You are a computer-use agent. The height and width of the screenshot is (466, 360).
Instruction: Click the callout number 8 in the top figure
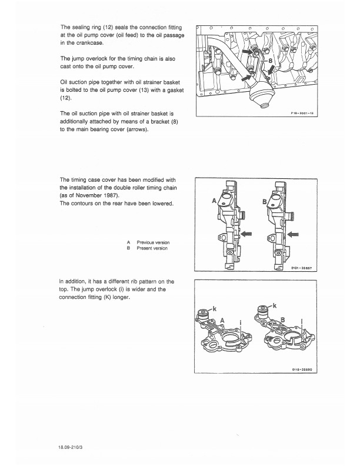click(271, 61)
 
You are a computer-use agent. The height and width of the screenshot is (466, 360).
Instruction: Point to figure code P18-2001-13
click(302, 113)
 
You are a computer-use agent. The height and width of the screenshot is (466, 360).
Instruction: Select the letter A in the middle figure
click(214, 201)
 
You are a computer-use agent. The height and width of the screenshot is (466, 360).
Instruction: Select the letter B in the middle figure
click(264, 202)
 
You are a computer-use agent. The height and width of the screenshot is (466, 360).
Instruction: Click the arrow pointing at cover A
click(246, 234)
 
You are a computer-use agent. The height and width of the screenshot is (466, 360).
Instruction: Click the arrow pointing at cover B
click(293, 235)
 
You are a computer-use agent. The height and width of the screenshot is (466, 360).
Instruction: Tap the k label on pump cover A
click(215, 308)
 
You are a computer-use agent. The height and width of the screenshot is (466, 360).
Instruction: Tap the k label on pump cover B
click(274, 305)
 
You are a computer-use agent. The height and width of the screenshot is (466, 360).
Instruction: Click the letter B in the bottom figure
click(282, 319)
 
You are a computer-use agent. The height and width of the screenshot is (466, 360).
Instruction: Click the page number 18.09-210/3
click(71, 447)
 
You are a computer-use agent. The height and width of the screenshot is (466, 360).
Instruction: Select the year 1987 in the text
click(111, 195)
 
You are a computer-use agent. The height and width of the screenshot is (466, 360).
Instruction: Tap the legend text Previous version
click(153, 242)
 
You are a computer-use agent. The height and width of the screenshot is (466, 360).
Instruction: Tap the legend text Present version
click(152, 248)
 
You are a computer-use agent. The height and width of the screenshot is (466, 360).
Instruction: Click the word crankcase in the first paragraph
click(89, 43)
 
